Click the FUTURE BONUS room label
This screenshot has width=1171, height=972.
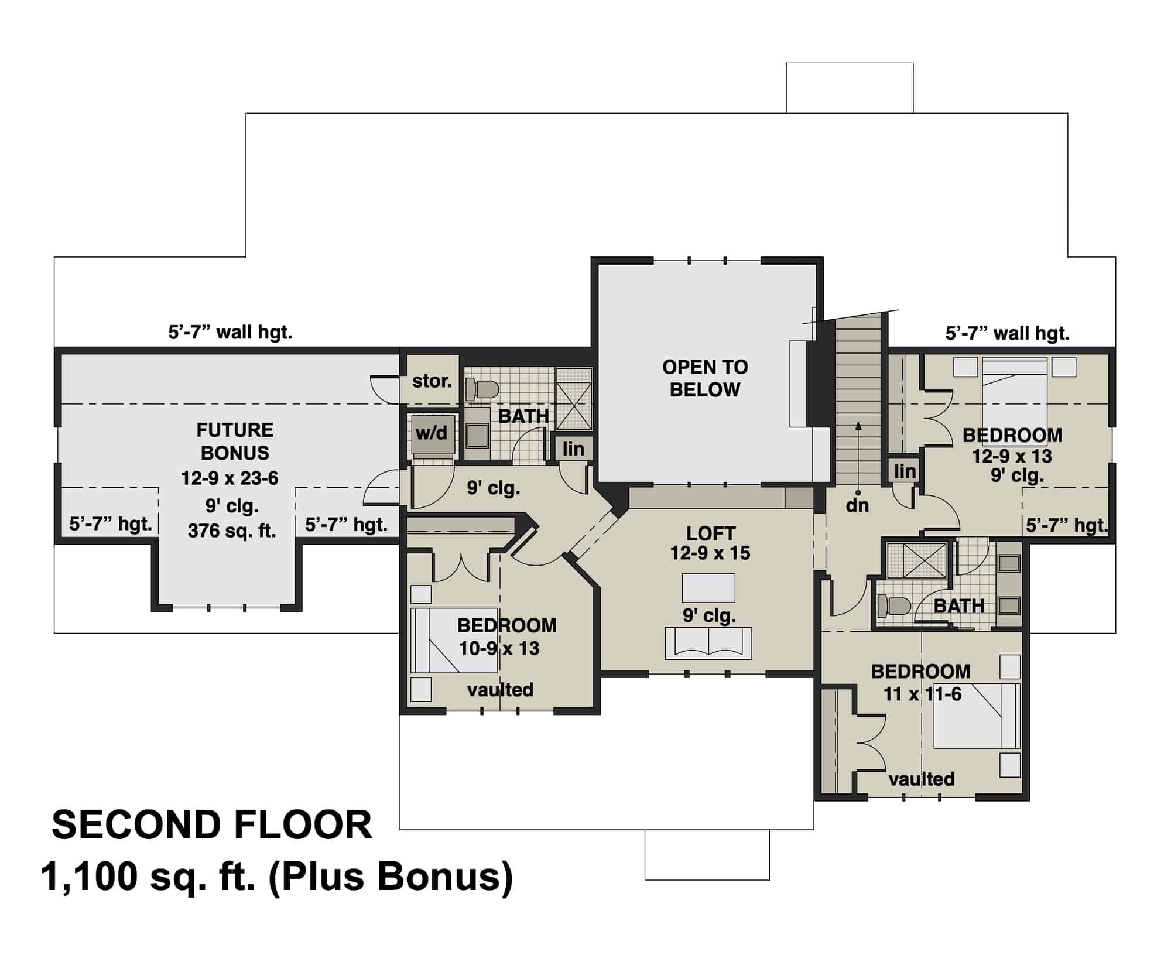click(x=234, y=441)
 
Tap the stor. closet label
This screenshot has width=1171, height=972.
click(x=432, y=381)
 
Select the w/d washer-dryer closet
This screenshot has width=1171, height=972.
click(x=432, y=434)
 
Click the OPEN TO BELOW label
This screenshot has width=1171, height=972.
click(x=705, y=378)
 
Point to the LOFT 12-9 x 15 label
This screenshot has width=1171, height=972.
click(x=710, y=543)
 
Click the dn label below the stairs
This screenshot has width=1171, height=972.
click(x=857, y=505)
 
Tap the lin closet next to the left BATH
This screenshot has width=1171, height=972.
click(x=573, y=449)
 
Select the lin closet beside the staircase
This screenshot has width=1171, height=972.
click(x=905, y=471)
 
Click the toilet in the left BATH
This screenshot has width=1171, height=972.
click(x=482, y=388)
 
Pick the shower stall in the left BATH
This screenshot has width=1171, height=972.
click(x=574, y=399)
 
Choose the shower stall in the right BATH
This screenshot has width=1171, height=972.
click(x=916, y=560)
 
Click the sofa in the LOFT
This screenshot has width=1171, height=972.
click(x=708, y=643)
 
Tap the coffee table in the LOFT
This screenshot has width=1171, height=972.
click(x=708, y=588)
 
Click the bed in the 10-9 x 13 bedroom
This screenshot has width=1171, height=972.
click(x=454, y=640)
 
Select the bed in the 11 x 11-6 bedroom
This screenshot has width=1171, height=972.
click(x=977, y=716)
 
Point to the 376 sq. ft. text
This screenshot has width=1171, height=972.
click(x=232, y=531)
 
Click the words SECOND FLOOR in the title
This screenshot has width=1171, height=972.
click(x=212, y=826)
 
